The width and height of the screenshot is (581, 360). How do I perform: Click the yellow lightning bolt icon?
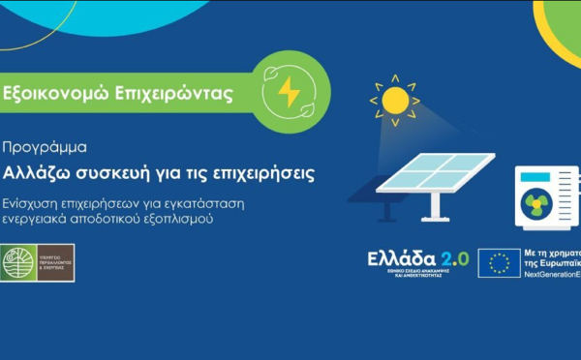pos(289,92)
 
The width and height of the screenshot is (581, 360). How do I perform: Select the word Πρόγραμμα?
pos(46,148)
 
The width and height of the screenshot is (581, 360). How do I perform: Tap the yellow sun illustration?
pos(395,99)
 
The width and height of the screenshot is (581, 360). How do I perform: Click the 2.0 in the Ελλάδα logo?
pos(454,259)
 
